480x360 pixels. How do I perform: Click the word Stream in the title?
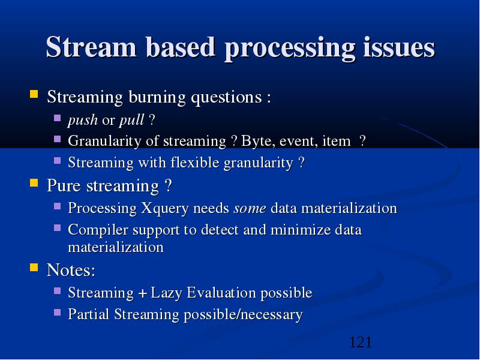[91, 47]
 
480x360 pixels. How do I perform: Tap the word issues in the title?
[399, 47]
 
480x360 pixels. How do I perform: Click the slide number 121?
[361, 342]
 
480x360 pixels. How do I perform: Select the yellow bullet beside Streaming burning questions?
[34, 94]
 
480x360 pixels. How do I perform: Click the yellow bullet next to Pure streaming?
[34, 183]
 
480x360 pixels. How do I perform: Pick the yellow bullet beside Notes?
[34, 267]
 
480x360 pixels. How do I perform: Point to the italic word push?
[83, 120]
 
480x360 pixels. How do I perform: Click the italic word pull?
[131, 120]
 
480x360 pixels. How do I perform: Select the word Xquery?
[165, 209]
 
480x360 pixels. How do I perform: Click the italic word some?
[250, 209]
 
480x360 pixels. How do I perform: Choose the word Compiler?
[98, 230]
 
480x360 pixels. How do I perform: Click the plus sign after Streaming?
[142, 294]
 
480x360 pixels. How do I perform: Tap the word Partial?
[88, 314]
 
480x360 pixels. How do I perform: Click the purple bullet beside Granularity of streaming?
[57, 139]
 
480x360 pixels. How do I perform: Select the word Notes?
[71, 270]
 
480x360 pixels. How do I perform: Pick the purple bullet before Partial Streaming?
[57, 312]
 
